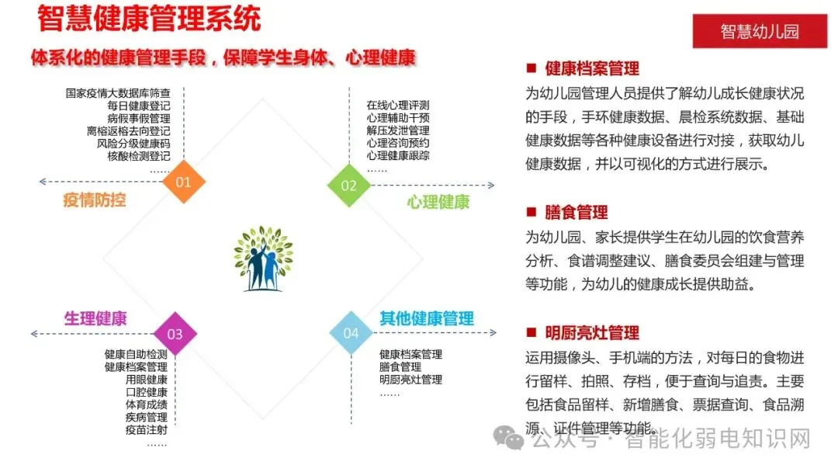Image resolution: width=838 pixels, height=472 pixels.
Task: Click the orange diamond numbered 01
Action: click(x=183, y=182)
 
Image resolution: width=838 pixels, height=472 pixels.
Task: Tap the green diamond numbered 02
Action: click(x=348, y=185)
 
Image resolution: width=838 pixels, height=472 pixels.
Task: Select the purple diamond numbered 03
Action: click(x=175, y=334)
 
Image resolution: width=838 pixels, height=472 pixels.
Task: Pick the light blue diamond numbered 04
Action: click(x=351, y=333)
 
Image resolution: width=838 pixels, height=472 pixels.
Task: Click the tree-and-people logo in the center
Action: click(x=264, y=259)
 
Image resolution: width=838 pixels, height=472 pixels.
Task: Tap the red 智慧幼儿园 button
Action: click(x=759, y=31)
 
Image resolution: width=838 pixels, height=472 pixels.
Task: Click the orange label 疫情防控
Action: click(x=95, y=200)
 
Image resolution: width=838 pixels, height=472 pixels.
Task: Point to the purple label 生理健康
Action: click(x=95, y=318)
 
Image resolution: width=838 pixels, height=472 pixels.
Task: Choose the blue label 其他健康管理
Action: click(x=426, y=318)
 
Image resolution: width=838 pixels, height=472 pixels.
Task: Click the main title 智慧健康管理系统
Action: click(x=148, y=19)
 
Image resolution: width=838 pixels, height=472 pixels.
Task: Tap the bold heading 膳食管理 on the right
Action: click(x=577, y=212)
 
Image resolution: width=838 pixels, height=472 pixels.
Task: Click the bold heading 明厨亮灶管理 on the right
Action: click(x=592, y=332)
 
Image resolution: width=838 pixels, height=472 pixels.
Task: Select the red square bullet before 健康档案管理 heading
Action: click(x=531, y=68)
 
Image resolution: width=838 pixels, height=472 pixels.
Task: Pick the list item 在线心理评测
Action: click(x=398, y=106)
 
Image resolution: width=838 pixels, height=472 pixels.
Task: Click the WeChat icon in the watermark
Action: click(x=514, y=440)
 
